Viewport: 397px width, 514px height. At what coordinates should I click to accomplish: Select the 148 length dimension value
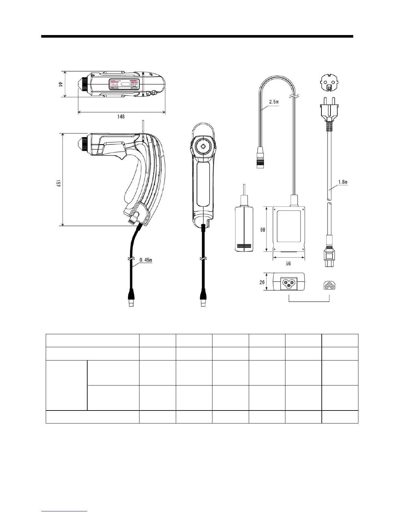tap(121, 116)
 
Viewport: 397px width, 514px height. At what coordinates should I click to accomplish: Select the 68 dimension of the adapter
tap(262, 229)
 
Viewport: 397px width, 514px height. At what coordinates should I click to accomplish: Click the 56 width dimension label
tap(288, 263)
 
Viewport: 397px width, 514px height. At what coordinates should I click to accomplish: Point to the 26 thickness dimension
tap(262, 282)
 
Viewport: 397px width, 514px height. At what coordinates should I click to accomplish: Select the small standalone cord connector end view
tap(329, 285)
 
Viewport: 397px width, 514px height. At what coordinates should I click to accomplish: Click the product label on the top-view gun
tap(123, 84)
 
